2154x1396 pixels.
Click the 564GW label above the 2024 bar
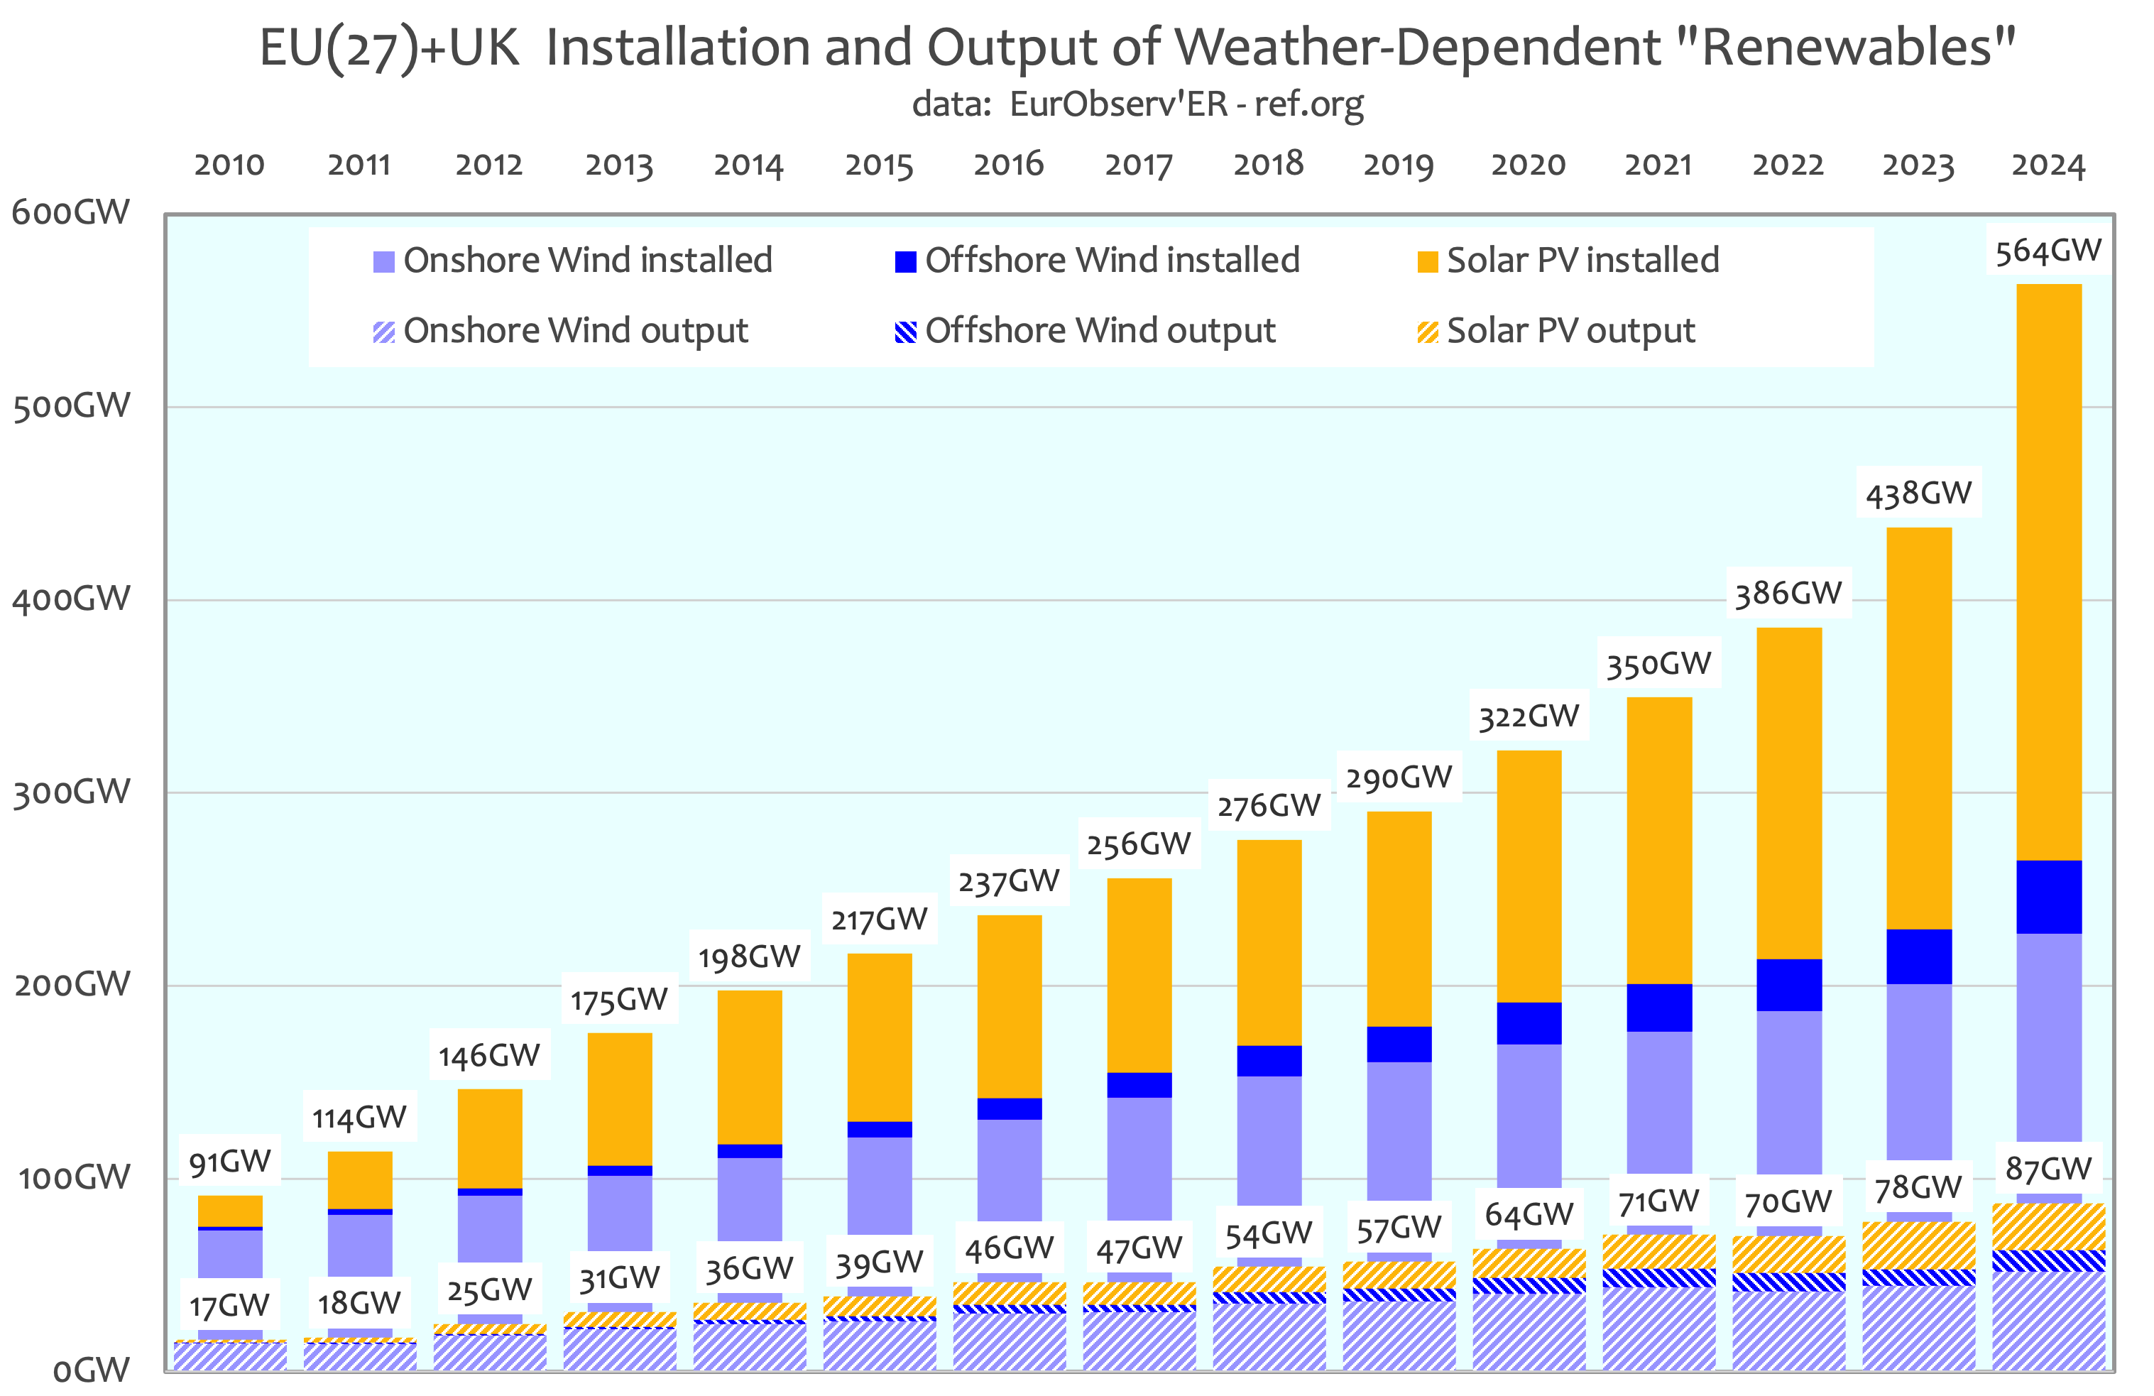click(x=2048, y=251)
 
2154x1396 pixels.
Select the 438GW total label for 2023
click(x=1918, y=493)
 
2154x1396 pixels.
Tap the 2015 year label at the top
click(x=878, y=165)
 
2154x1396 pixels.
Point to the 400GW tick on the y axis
click(x=70, y=599)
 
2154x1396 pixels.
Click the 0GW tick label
click(x=90, y=1370)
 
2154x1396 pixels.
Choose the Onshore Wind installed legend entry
click(x=572, y=261)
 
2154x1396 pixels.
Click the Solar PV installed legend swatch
click(x=1427, y=261)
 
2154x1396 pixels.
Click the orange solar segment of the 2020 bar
click(x=1529, y=876)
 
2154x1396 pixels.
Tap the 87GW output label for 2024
click(x=2048, y=1169)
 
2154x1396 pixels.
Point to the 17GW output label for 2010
click(x=229, y=1306)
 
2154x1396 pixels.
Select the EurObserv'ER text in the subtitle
click(x=1119, y=104)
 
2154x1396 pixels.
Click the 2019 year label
click(x=1399, y=165)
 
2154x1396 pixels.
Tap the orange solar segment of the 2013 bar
click(x=619, y=1098)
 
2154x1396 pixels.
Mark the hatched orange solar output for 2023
click(x=1918, y=1245)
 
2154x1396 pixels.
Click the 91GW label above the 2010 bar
click(x=230, y=1162)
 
